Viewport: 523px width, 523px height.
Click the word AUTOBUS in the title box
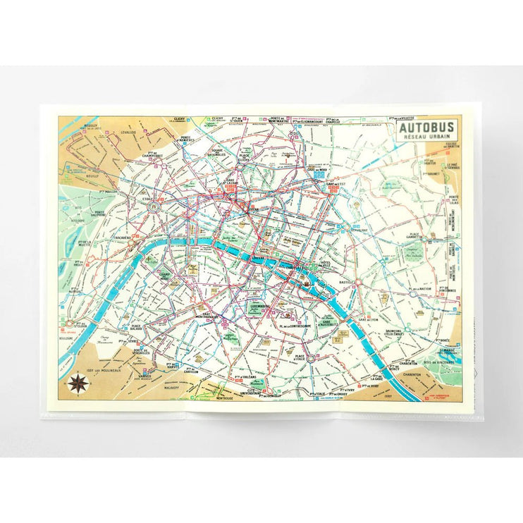tap(427, 128)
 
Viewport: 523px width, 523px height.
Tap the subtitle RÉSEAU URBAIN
tap(427, 139)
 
